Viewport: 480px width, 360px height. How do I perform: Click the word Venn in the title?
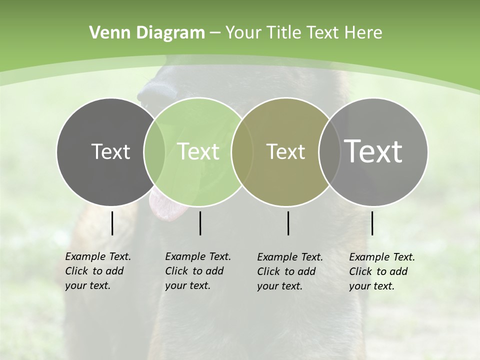point(107,33)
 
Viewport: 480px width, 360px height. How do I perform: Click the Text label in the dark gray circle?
point(110,152)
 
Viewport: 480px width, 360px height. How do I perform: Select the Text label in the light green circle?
point(198,152)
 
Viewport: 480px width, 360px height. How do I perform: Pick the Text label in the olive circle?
point(285,152)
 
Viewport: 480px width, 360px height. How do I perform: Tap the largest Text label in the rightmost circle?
point(373,151)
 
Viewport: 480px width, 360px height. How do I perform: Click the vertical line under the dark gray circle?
point(112,223)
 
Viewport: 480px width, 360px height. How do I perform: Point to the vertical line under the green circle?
point(200,223)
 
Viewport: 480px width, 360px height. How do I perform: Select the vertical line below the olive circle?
point(288,223)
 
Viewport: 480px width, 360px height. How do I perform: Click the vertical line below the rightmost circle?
point(372,223)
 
